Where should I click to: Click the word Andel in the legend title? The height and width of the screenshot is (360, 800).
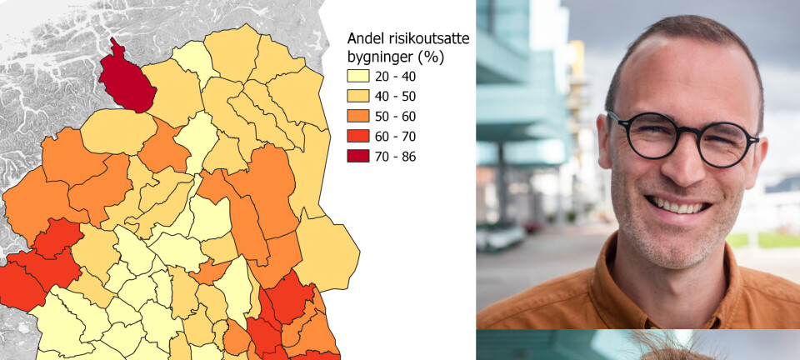coord(366,38)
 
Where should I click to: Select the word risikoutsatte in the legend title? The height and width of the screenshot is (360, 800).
coord(428,38)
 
